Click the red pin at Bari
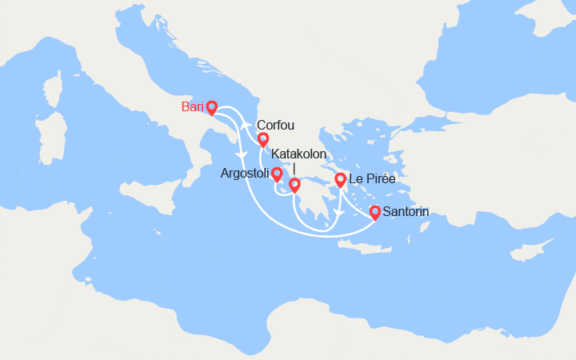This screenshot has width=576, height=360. pos(211,106)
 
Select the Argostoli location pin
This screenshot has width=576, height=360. pos(277,174)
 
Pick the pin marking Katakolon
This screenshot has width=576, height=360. pos(294,185)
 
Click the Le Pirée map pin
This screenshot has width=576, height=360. pos(340,179)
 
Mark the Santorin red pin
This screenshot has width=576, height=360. pos(374,212)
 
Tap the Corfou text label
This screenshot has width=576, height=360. pos(275,125)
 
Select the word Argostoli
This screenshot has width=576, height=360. pos(245,174)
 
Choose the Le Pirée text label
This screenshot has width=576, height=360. pos(374,179)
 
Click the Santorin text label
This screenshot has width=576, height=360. pos(406,212)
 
